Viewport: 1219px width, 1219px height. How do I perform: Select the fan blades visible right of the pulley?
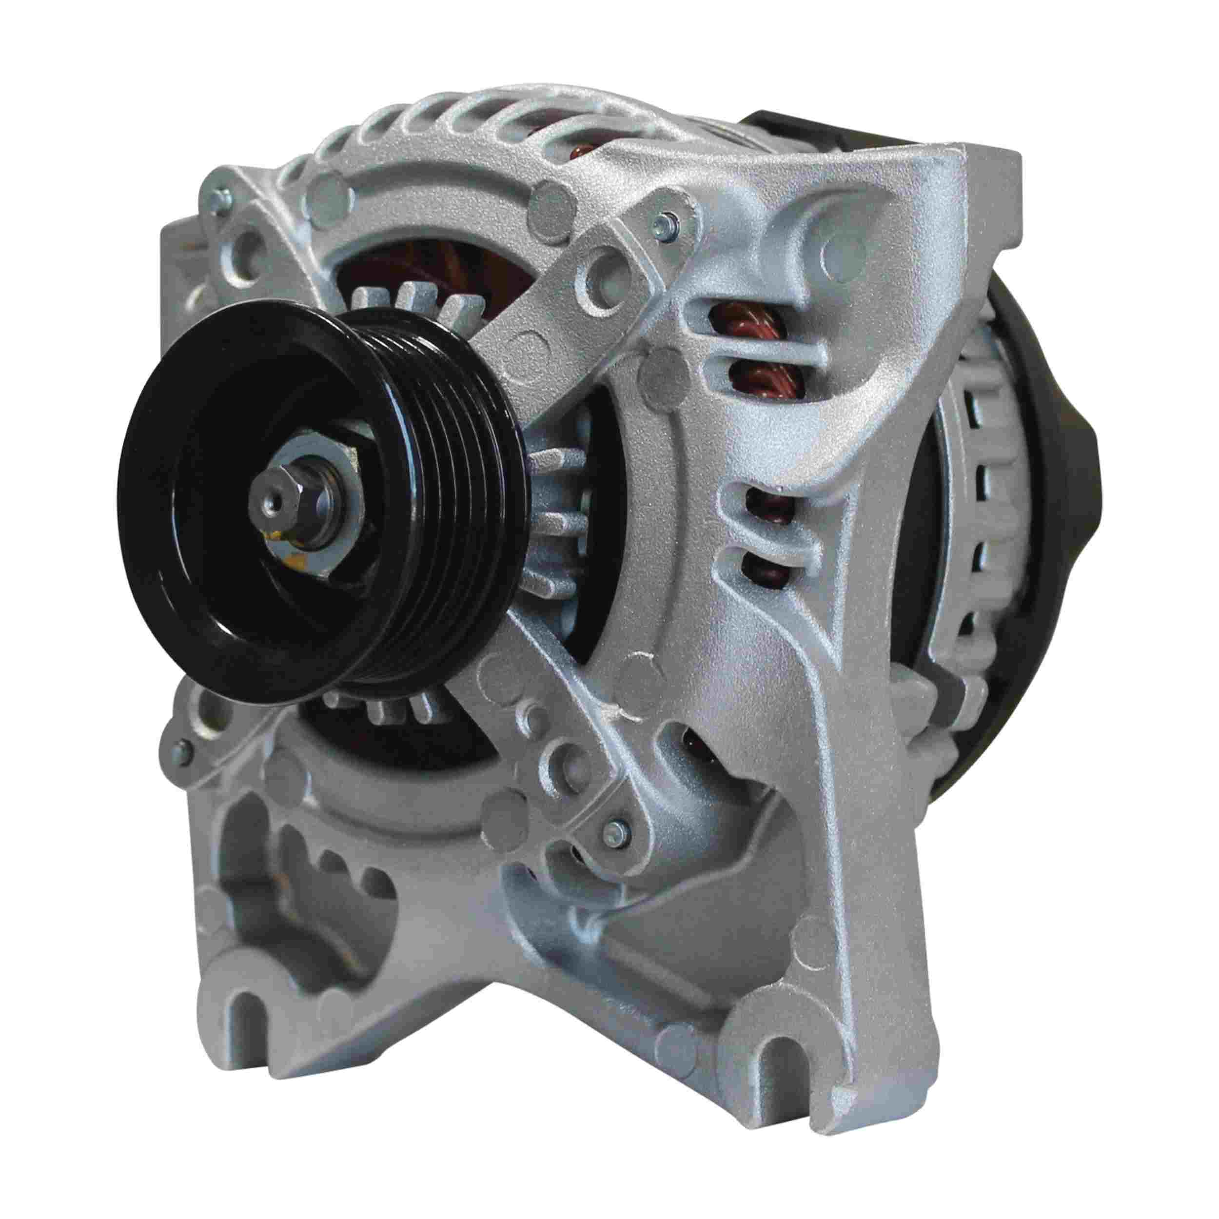point(555,505)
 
